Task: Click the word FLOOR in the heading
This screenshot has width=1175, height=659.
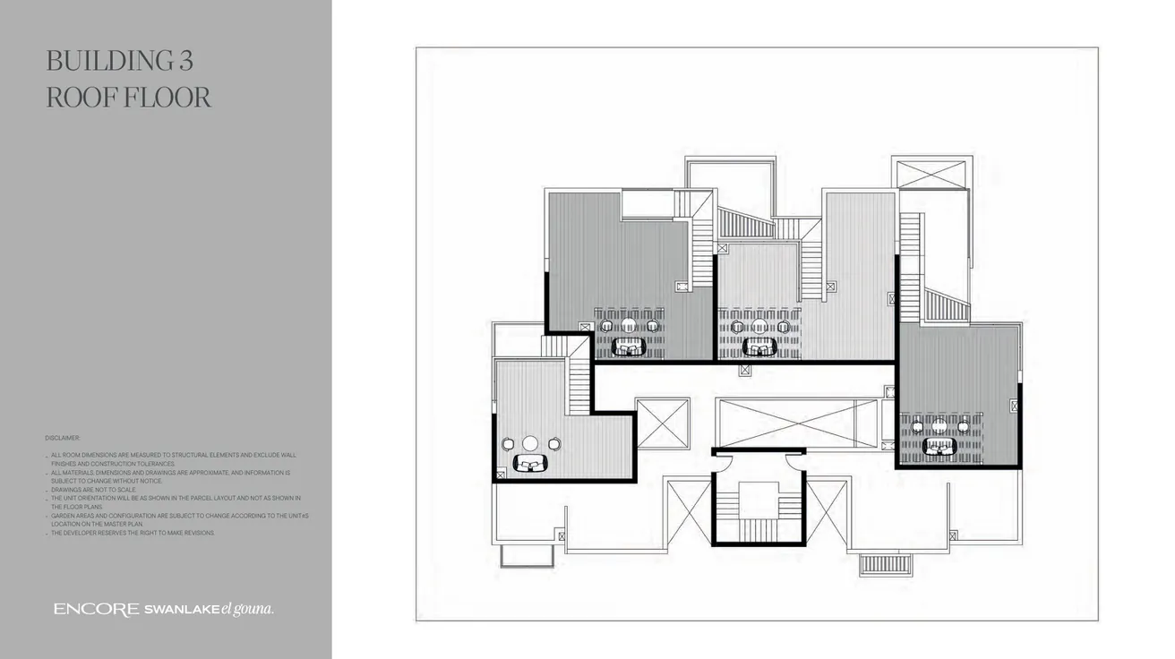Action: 166,97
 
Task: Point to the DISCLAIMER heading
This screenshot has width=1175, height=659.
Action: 63,438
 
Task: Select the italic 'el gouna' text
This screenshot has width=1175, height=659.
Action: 247,610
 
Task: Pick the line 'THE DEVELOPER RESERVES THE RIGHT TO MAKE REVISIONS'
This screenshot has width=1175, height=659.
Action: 133,533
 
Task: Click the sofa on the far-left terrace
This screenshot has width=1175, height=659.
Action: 531,463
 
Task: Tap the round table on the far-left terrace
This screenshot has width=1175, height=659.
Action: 530,443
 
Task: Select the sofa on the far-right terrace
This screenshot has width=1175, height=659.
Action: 939,446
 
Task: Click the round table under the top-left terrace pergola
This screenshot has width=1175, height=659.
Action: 630,326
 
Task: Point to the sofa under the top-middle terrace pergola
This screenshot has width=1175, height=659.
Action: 759,346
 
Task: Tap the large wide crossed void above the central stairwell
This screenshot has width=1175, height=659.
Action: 797,424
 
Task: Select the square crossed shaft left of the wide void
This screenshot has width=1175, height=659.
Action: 662,424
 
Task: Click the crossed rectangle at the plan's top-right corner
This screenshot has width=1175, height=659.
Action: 931,174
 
